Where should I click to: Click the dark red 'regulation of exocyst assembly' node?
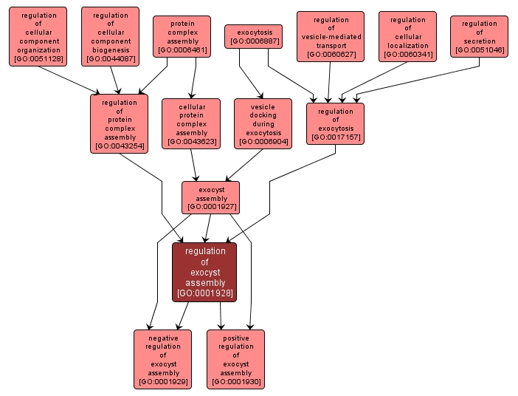[x=204, y=272]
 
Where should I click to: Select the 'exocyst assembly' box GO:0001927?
[x=210, y=198]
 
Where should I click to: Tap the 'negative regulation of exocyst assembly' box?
[x=162, y=359]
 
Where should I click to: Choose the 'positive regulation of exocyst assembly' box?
[x=235, y=359]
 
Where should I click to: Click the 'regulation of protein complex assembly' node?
[x=119, y=123]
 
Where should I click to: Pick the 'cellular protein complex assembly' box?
[x=191, y=123]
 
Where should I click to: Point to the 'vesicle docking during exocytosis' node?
[x=263, y=123]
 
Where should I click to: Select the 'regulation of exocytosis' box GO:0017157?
[x=335, y=123]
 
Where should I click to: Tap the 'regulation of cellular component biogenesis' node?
[x=110, y=36]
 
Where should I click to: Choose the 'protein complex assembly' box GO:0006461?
[x=182, y=36]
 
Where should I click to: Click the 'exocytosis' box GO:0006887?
[x=254, y=36]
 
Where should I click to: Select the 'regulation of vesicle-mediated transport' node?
[x=331, y=36]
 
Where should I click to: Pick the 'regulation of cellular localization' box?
[x=407, y=36]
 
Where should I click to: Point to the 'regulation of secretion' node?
[x=479, y=36]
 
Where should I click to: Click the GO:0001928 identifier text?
[x=204, y=293]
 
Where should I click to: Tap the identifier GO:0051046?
[x=479, y=51]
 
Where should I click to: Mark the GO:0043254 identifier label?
[x=119, y=146]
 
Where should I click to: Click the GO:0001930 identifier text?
[x=235, y=382]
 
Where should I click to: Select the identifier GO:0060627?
[x=331, y=55]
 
